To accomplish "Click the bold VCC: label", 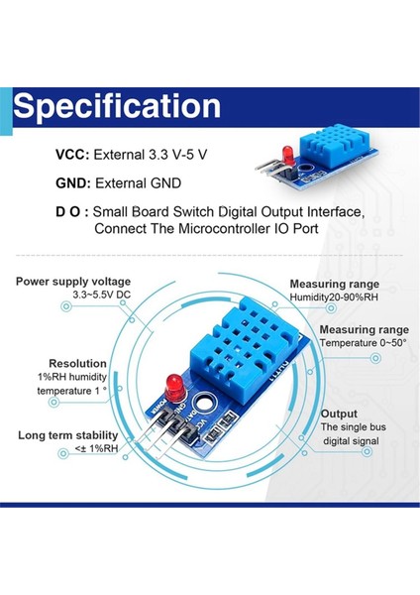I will (71, 156).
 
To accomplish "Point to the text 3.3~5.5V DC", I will (73, 297).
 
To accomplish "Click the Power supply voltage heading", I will (72, 282).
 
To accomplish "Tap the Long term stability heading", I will (67, 434).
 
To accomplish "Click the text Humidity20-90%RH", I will (334, 297).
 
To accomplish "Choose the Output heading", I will (338, 414).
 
